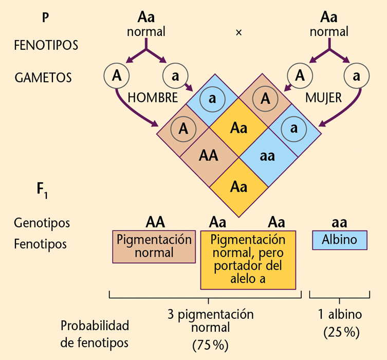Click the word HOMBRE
click(153, 97)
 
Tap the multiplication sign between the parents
click(238, 32)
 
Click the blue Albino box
click(340, 240)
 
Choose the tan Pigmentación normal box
click(154, 246)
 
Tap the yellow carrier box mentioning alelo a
click(248, 259)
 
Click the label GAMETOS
click(43, 78)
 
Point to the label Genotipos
click(42, 223)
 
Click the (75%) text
click(210, 344)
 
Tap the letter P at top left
click(46, 17)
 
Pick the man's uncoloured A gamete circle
click(117, 76)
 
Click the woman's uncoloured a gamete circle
click(356, 76)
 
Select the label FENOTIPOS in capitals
click(46, 45)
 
